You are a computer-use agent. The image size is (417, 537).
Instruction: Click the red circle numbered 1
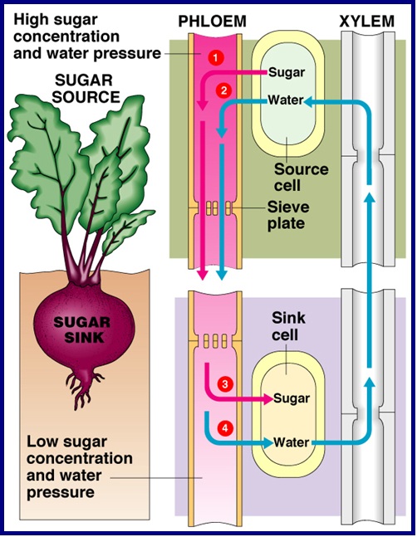tap(215, 57)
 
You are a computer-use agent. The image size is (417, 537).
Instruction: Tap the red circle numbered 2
tap(224, 91)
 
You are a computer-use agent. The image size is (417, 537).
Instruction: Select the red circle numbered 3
tap(225, 384)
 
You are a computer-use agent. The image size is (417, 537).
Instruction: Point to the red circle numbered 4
tap(225, 428)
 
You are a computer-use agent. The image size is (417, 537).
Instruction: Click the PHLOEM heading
tap(213, 22)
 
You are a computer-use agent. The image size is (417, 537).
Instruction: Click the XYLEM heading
tap(367, 22)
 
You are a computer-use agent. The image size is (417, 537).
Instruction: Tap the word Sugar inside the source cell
tap(287, 72)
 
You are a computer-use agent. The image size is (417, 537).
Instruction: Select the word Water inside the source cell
tap(286, 100)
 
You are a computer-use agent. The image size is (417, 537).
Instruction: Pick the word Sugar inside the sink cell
tap(292, 398)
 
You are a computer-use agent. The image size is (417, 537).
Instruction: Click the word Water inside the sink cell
tap(292, 442)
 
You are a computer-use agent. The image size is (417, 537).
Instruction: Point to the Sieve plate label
tap(287, 215)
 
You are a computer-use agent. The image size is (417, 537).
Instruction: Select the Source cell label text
tap(302, 178)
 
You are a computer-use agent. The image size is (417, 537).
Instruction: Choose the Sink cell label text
tap(288, 326)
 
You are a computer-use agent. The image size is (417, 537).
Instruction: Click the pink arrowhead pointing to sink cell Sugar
tap(268, 398)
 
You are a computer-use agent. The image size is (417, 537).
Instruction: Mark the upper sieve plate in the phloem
tap(215, 208)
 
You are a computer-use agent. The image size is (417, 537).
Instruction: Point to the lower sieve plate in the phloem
tap(215, 340)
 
